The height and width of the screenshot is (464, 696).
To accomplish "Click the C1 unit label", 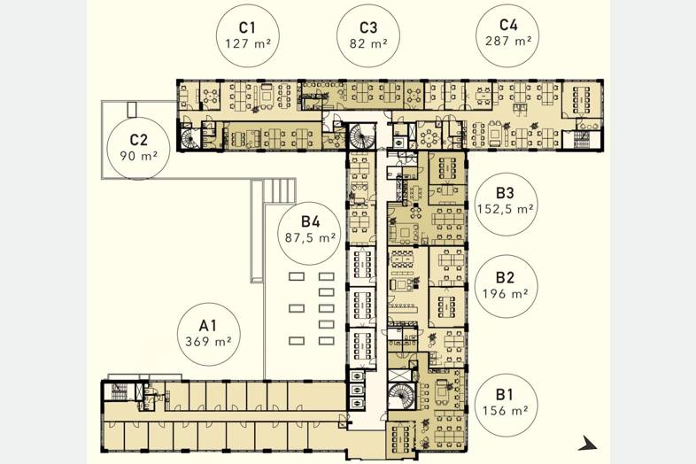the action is tap(247, 27).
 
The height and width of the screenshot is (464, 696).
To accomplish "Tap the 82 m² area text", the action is tap(368, 43).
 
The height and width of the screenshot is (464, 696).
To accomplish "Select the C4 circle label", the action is tap(508, 25).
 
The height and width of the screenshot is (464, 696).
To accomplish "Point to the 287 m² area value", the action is tap(508, 42).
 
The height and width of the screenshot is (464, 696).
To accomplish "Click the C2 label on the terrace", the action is tap(138, 140).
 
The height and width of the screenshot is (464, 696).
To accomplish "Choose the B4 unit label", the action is tap(310, 221).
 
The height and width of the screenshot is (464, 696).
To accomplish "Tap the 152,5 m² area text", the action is tap(505, 209).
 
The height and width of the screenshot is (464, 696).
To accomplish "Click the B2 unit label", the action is tap(505, 277).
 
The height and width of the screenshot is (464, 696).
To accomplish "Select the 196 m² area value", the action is tap(505, 293).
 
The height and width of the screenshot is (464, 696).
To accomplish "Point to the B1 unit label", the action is tap(505, 394).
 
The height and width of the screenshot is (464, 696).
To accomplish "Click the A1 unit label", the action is tap(207, 326).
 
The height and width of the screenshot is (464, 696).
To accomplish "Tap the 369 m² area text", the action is tap(208, 342).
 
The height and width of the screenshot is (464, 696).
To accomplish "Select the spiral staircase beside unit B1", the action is tap(401, 396).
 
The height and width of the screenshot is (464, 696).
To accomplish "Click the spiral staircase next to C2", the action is tap(190, 137).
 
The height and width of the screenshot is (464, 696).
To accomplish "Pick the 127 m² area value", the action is tap(248, 44).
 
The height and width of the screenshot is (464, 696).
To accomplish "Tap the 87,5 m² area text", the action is tap(310, 238).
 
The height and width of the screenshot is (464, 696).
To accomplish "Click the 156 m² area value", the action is tap(505, 410).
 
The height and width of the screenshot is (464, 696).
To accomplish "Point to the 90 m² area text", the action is tap(138, 157).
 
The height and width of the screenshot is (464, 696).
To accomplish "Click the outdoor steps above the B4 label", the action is tap(280, 190).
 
